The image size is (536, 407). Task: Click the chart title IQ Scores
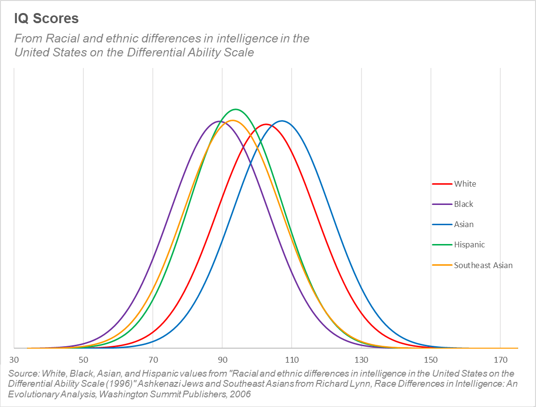tap(46, 19)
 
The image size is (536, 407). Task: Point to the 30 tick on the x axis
tap(14, 360)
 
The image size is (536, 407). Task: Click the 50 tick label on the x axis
tap(83, 360)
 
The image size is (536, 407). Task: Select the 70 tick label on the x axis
tap(153, 360)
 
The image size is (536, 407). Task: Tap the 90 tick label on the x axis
tap(222, 360)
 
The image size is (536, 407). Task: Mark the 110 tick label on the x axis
tap(292, 360)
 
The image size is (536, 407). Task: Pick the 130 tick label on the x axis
tap(361, 360)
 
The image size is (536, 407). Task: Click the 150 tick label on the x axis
tap(430, 360)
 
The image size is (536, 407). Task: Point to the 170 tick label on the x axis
tap(500, 360)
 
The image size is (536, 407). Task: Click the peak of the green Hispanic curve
tap(236, 109)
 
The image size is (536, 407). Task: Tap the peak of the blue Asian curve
tap(281, 121)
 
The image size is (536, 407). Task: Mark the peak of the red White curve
tap(266, 124)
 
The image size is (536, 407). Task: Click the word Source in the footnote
tap(24, 374)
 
